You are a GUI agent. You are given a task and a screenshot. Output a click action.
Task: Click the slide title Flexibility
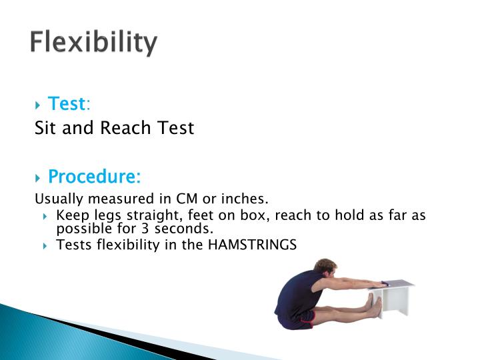coord(93,43)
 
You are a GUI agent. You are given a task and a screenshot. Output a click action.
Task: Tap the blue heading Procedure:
coord(94,177)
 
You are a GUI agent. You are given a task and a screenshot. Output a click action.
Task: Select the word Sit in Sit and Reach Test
coord(45,128)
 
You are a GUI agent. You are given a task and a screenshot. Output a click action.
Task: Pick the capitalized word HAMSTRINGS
coord(252,245)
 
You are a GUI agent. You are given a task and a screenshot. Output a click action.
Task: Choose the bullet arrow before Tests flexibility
coord(45,245)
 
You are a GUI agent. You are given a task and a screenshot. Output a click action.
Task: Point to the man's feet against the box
coord(374,307)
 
